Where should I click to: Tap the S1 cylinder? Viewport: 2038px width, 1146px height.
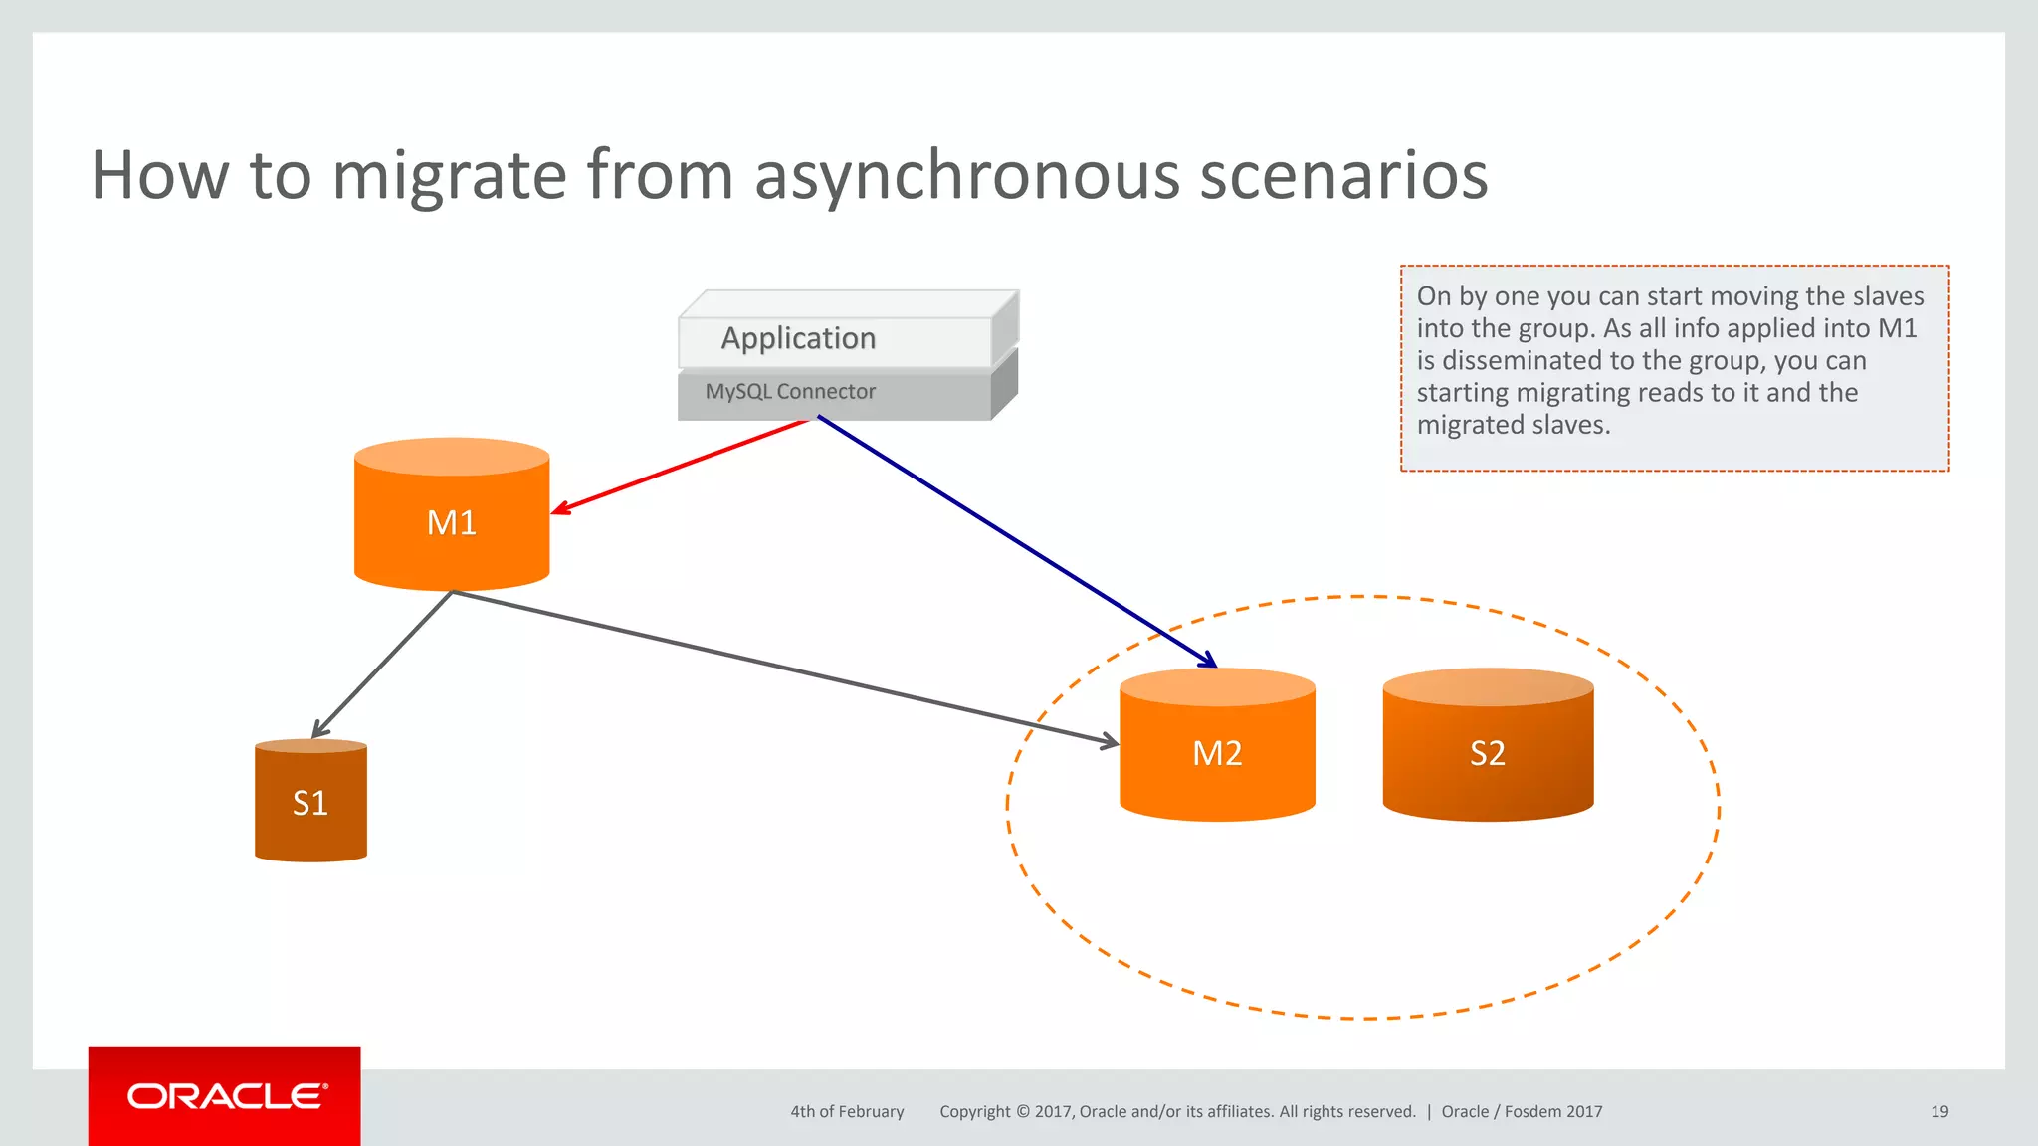tap(310, 802)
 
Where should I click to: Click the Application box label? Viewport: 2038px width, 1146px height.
tap(798, 338)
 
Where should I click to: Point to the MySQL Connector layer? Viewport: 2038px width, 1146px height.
tap(791, 392)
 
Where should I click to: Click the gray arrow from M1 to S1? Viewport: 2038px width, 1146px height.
tap(383, 664)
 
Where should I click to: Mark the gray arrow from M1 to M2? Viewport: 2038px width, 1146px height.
tap(786, 668)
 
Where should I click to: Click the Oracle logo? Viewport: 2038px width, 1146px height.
tap(226, 1096)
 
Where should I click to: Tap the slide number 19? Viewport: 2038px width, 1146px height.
tap(1938, 1111)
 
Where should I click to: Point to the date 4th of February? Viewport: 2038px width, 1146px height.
tap(847, 1111)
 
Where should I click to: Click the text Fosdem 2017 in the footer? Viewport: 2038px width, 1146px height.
tap(1552, 1111)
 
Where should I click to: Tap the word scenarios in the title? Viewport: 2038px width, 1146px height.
tap(1343, 175)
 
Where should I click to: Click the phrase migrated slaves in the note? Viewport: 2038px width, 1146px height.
tap(1513, 425)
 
